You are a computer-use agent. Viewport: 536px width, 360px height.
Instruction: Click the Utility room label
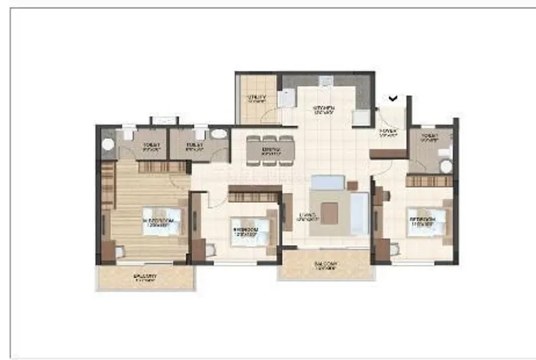pos(257,99)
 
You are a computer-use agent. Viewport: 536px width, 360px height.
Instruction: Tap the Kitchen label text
pos(325,110)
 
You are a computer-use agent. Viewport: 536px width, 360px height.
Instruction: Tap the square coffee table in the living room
pos(329,212)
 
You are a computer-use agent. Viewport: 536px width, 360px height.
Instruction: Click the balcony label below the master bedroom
pos(145,277)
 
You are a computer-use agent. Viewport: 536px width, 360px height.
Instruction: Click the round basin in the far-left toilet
pos(108,143)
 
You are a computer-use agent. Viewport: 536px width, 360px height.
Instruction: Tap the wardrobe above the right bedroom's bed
pos(429,181)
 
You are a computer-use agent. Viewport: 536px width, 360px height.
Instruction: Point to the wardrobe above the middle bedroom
pos(253,197)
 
